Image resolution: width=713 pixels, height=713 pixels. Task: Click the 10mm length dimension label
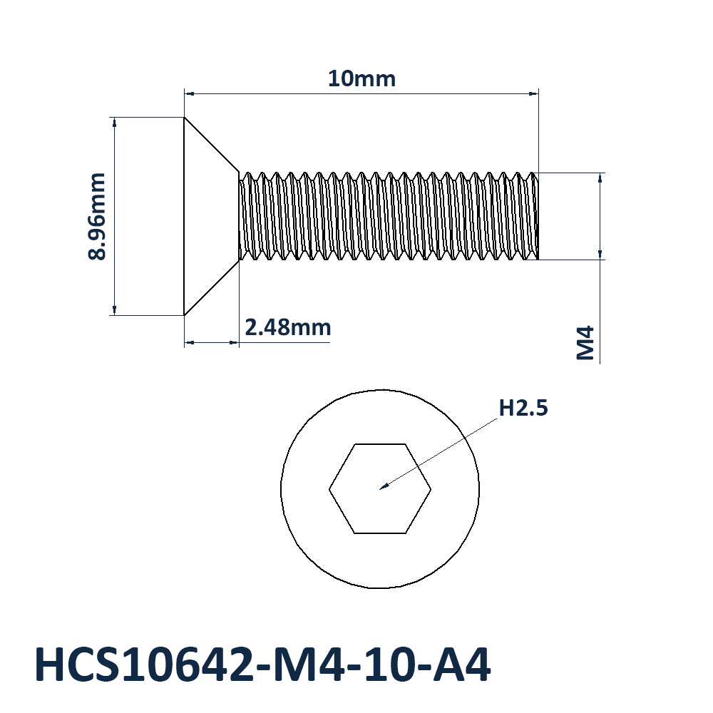(361, 78)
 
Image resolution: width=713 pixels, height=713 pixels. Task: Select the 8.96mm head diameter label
(97, 216)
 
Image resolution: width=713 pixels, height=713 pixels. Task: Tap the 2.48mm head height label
(288, 327)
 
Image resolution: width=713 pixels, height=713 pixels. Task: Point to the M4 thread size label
(585, 343)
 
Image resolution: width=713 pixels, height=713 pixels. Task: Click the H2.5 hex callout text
(523, 408)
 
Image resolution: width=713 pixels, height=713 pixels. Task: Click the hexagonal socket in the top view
(380, 488)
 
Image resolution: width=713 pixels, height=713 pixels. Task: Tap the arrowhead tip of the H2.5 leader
(380, 489)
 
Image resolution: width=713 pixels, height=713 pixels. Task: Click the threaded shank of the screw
(389, 216)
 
